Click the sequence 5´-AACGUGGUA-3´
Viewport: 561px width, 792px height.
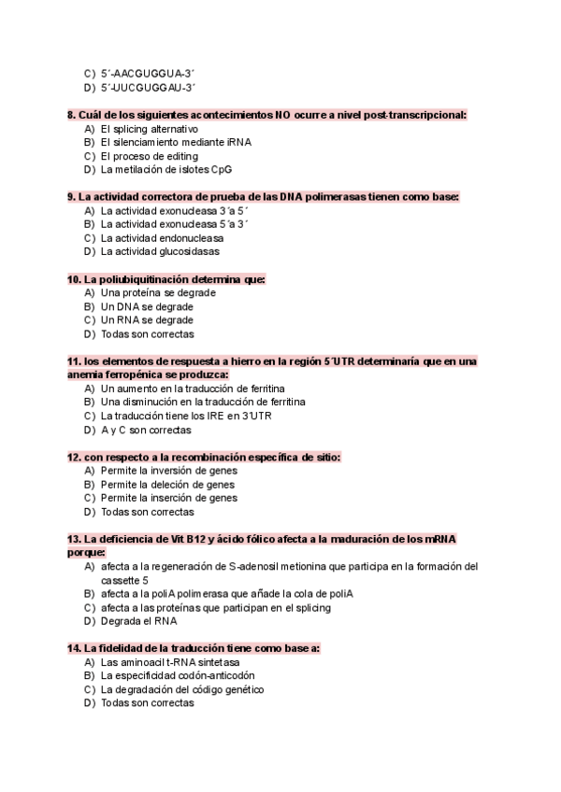click(x=147, y=73)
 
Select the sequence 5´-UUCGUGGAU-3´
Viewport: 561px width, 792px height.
click(x=148, y=87)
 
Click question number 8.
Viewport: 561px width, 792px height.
click(x=71, y=115)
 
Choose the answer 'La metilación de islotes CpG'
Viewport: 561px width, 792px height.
click(x=166, y=170)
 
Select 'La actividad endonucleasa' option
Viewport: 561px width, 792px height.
click(x=157, y=238)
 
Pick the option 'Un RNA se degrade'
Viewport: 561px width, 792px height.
click(x=147, y=320)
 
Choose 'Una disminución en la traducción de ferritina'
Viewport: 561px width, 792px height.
click(x=203, y=402)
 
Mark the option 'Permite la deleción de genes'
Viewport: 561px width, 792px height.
click(x=167, y=485)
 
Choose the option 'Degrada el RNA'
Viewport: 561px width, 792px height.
click(x=139, y=621)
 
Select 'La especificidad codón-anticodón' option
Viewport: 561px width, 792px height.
click(x=178, y=675)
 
